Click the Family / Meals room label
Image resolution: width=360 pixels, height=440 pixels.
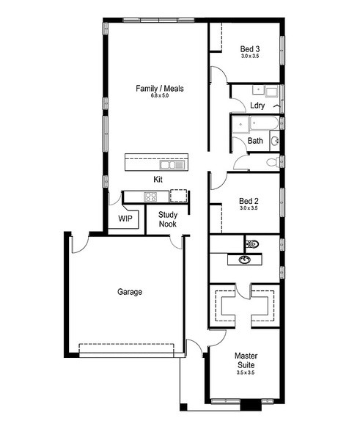point(160,89)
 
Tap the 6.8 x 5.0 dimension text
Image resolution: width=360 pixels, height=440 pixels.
point(160,95)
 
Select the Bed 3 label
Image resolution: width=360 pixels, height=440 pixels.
point(250,49)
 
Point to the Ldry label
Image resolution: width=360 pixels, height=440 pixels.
point(257,106)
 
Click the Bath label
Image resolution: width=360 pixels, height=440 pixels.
point(255,140)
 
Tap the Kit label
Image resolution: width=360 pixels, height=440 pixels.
point(158,180)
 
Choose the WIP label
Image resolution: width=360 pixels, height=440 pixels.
point(125,219)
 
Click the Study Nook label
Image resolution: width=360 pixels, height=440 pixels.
point(168,219)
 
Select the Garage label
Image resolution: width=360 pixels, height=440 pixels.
point(130,292)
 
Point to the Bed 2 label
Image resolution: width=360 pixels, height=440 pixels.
point(249,201)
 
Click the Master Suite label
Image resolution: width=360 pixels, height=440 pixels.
point(246,360)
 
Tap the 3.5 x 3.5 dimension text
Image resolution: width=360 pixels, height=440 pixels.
point(246,373)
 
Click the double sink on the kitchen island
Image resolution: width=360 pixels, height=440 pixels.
point(172,165)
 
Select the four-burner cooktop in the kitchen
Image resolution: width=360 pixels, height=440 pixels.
point(150,197)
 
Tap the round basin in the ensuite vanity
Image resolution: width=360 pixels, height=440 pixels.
point(245,260)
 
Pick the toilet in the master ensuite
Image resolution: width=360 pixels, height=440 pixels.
point(251,244)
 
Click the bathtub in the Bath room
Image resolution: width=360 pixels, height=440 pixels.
point(264,123)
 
